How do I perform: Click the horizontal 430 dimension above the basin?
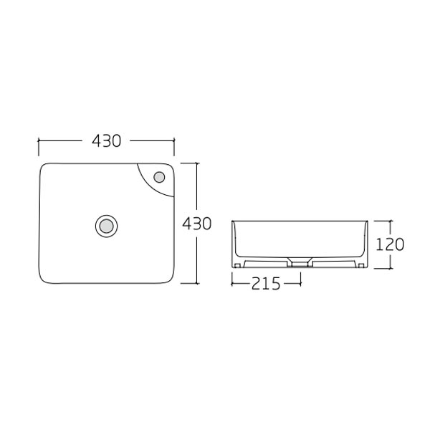point(106,141)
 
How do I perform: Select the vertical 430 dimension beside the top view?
point(196,223)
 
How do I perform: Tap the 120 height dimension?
point(390,244)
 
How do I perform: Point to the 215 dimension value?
point(266,283)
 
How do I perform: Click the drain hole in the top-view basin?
point(106,225)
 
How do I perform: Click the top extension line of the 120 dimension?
point(383,221)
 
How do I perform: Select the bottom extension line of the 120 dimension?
point(383,268)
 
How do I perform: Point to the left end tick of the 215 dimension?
point(232,283)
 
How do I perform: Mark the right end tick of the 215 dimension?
point(300,283)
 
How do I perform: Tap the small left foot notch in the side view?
point(238,266)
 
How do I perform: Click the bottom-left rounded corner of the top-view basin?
point(43,277)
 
